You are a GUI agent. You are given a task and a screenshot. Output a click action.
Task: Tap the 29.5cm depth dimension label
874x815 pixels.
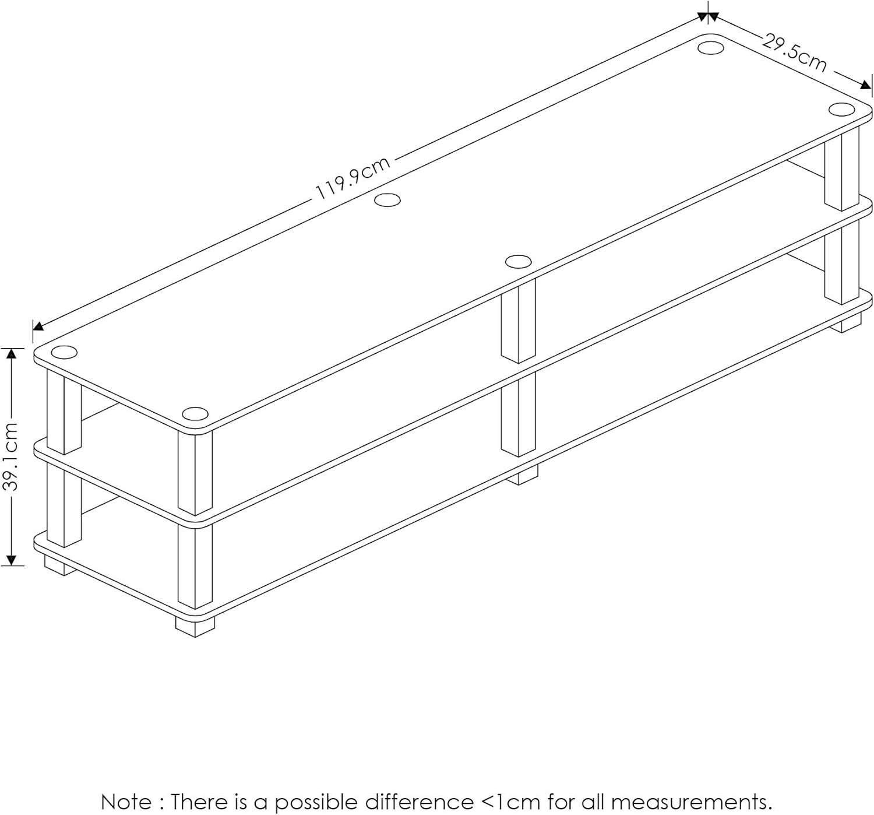click(794, 54)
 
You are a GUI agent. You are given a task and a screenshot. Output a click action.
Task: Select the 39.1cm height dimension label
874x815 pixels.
click(12, 456)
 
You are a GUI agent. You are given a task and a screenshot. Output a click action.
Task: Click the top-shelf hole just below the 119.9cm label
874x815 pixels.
click(387, 201)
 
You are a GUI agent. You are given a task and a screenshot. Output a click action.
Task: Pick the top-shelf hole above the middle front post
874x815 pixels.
click(518, 261)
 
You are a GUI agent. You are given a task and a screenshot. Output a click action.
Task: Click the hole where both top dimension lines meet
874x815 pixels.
click(710, 47)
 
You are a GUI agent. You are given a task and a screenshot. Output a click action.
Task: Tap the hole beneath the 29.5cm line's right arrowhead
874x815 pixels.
click(841, 110)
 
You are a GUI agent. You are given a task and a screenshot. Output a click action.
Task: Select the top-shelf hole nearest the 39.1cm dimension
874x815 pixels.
click(64, 353)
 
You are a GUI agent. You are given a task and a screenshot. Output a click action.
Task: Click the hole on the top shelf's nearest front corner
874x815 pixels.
click(195, 414)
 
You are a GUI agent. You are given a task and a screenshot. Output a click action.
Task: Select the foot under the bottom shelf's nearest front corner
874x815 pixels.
click(195, 626)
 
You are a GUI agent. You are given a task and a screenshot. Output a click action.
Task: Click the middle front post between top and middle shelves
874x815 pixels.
click(518, 321)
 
